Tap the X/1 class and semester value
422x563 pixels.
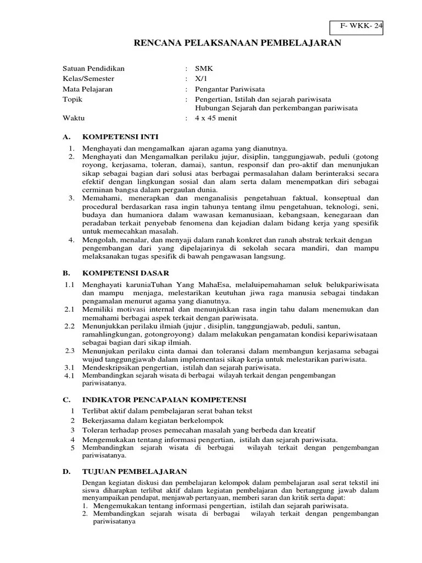point(202,79)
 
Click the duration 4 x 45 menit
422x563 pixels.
point(216,118)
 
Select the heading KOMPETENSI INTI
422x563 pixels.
point(120,136)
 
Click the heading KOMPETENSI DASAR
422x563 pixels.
point(126,273)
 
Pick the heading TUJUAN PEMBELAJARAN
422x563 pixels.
point(135,472)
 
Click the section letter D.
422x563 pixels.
point(66,472)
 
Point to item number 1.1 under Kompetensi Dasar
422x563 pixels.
point(69,285)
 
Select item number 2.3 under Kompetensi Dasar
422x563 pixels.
point(69,351)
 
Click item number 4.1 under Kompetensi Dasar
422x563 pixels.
point(69,376)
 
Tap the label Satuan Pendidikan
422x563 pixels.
point(94,69)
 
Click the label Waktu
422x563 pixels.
point(74,118)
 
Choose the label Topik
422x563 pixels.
point(73,98)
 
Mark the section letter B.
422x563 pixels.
point(66,273)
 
